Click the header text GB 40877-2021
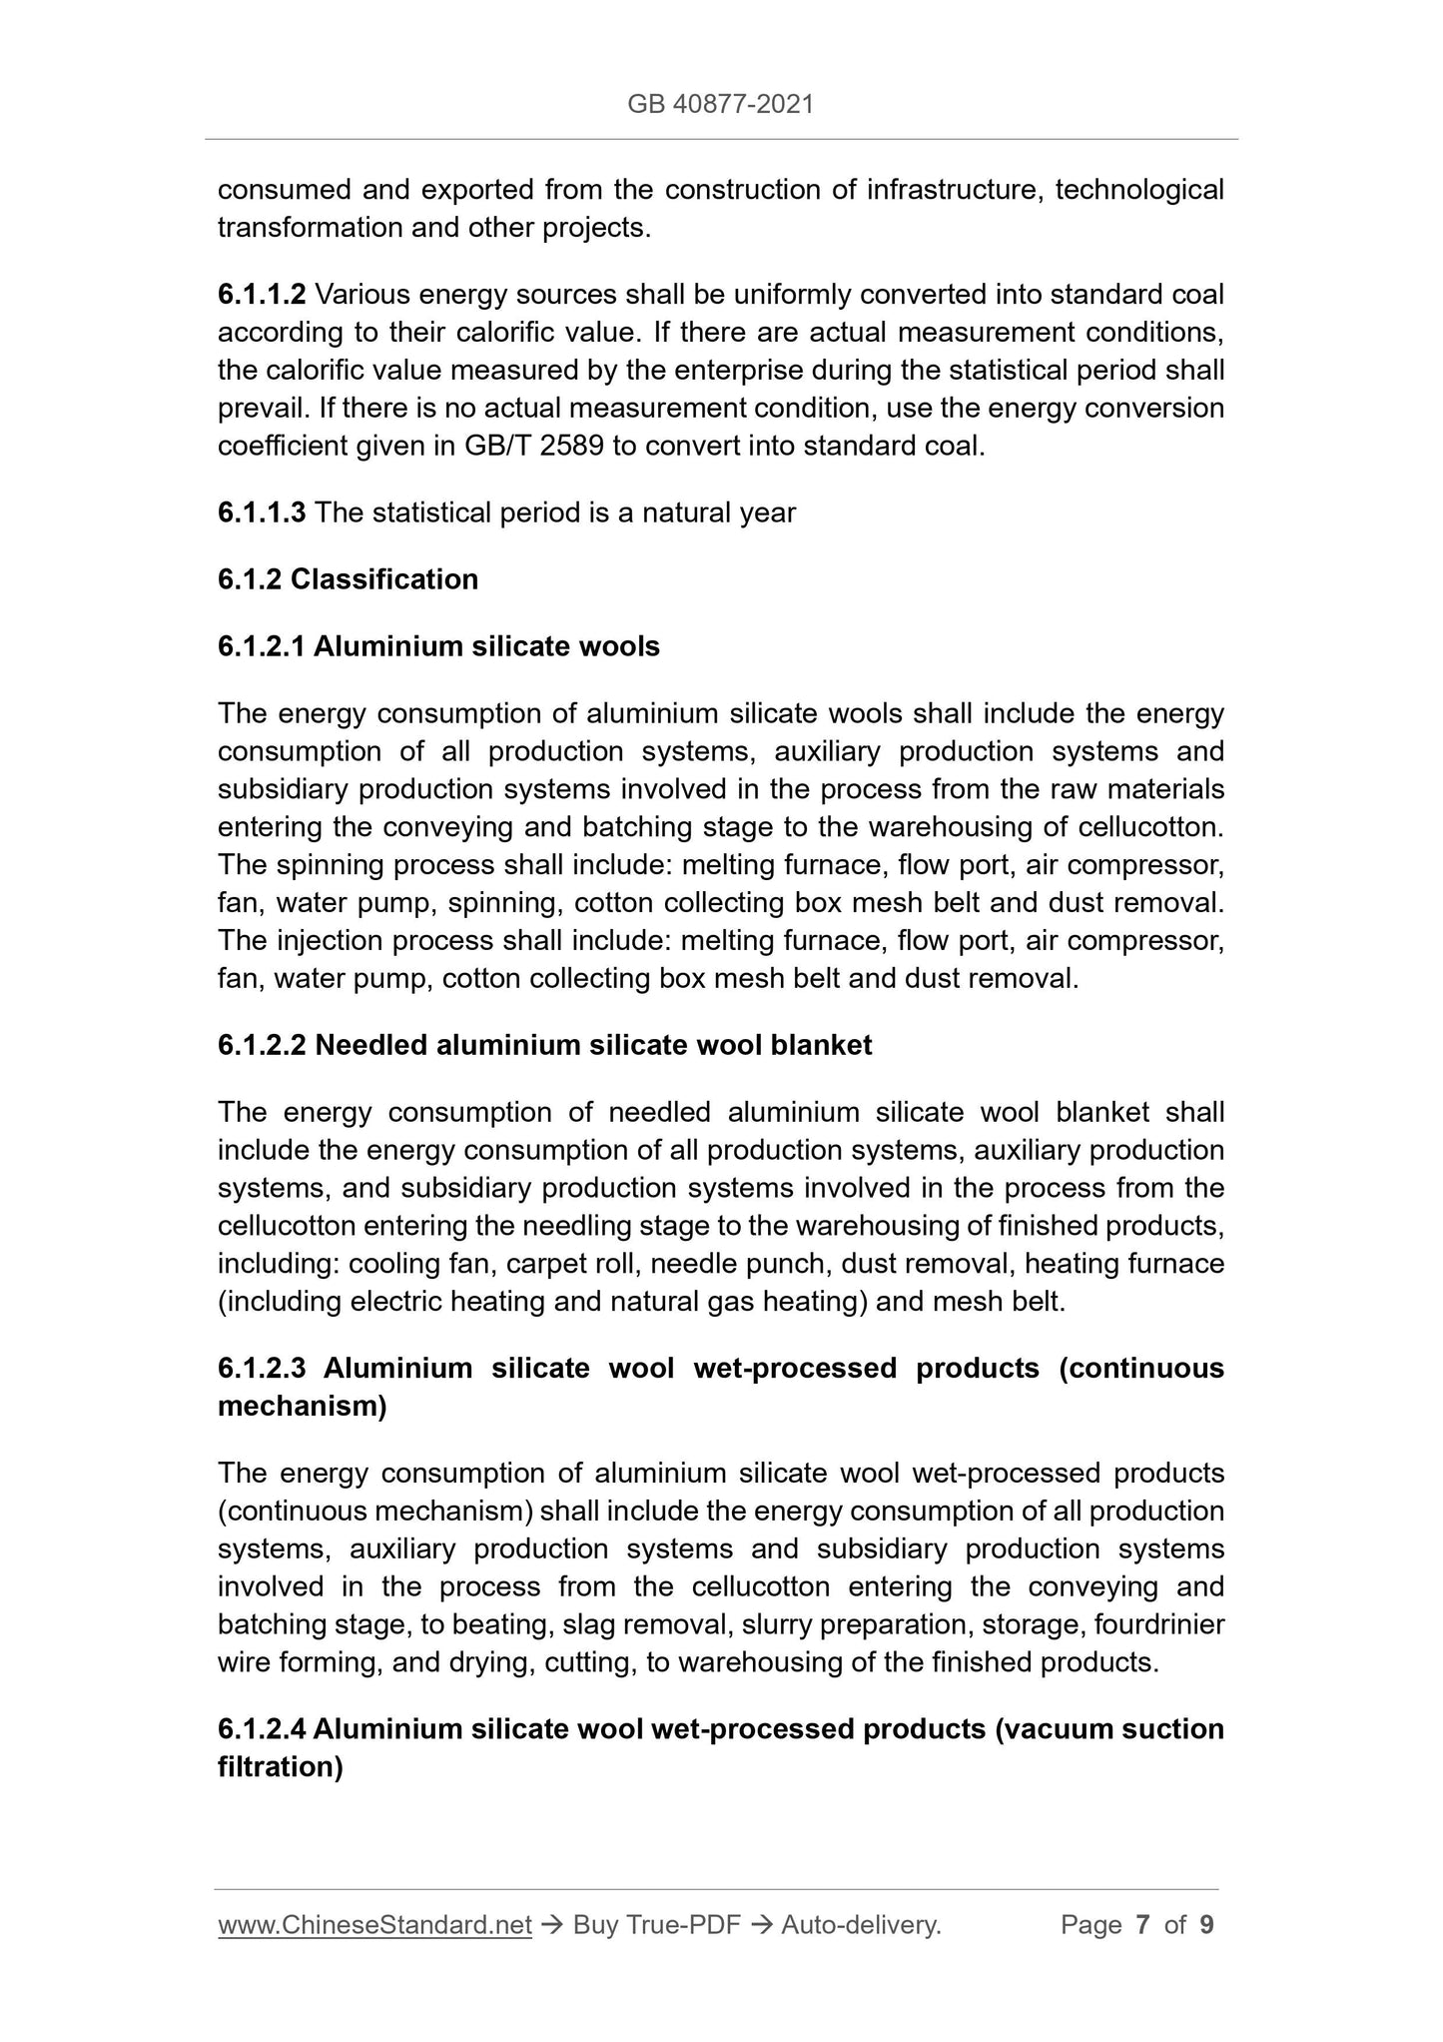(720, 104)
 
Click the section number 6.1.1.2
(262, 295)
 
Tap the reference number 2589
(571, 447)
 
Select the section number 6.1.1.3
(262, 513)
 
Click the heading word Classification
(384, 580)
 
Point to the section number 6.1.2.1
(262, 647)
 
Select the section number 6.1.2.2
(262, 1046)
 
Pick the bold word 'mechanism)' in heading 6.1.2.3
(303, 1407)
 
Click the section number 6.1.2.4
(262, 1729)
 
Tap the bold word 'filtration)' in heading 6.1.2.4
(281, 1767)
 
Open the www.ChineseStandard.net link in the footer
(374, 1925)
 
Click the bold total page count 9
(1206, 1925)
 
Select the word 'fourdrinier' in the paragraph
(1158, 1625)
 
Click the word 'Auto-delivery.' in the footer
(862, 1925)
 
